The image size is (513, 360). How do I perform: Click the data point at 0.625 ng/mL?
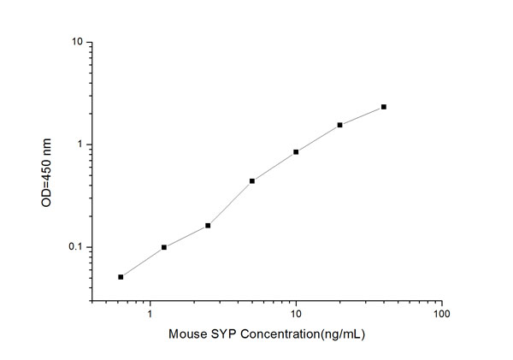(x=121, y=277)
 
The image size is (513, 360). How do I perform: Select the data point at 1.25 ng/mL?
(x=164, y=247)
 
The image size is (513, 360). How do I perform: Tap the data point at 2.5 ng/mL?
(x=208, y=226)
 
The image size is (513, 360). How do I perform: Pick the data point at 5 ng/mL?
(x=252, y=180)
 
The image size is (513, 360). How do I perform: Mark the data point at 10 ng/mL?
(x=296, y=152)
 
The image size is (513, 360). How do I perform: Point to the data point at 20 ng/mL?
(x=339, y=125)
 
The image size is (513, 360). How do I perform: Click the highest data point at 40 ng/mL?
(x=384, y=107)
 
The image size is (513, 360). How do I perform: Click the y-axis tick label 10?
(x=77, y=42)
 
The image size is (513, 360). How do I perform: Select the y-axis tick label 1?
(x=80, y=145)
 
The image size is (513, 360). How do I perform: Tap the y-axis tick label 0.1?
(x=75, y=247)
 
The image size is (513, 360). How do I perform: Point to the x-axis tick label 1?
(x=150, y=314)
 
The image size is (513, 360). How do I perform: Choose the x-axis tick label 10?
(x=296, y=314)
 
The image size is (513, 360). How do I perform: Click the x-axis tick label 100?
(x=441, y=314)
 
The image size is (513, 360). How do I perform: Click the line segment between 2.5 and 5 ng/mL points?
(x=230, y=204)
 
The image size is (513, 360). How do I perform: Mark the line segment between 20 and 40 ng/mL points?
(x=362, y=115)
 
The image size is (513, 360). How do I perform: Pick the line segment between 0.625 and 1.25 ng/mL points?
(x=142, y=263)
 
